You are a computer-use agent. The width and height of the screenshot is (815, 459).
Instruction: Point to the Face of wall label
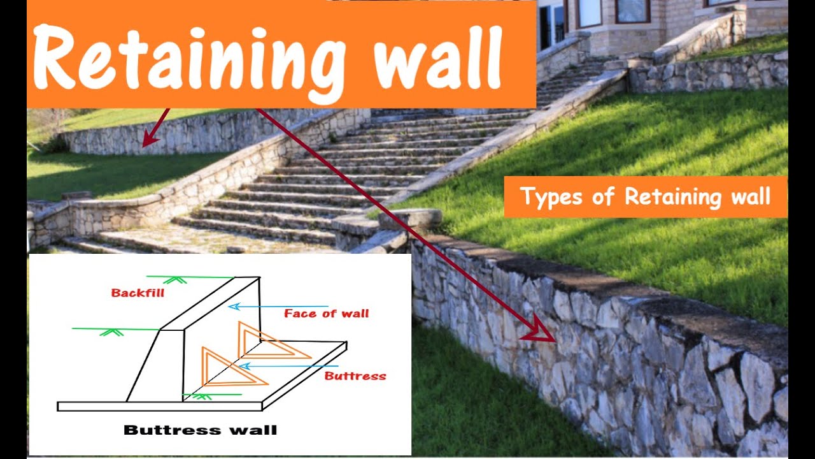pos(326,313)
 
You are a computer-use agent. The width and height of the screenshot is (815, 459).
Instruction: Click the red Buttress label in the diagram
pos(355,375)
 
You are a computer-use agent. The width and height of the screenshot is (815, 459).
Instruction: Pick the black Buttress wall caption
pos(200,430)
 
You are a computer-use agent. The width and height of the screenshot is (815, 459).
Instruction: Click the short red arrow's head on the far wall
pos(148,139)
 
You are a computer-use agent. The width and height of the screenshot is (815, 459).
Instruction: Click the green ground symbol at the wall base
pos(202,396)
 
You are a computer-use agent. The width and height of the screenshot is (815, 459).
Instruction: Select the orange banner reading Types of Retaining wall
pos(645,197)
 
